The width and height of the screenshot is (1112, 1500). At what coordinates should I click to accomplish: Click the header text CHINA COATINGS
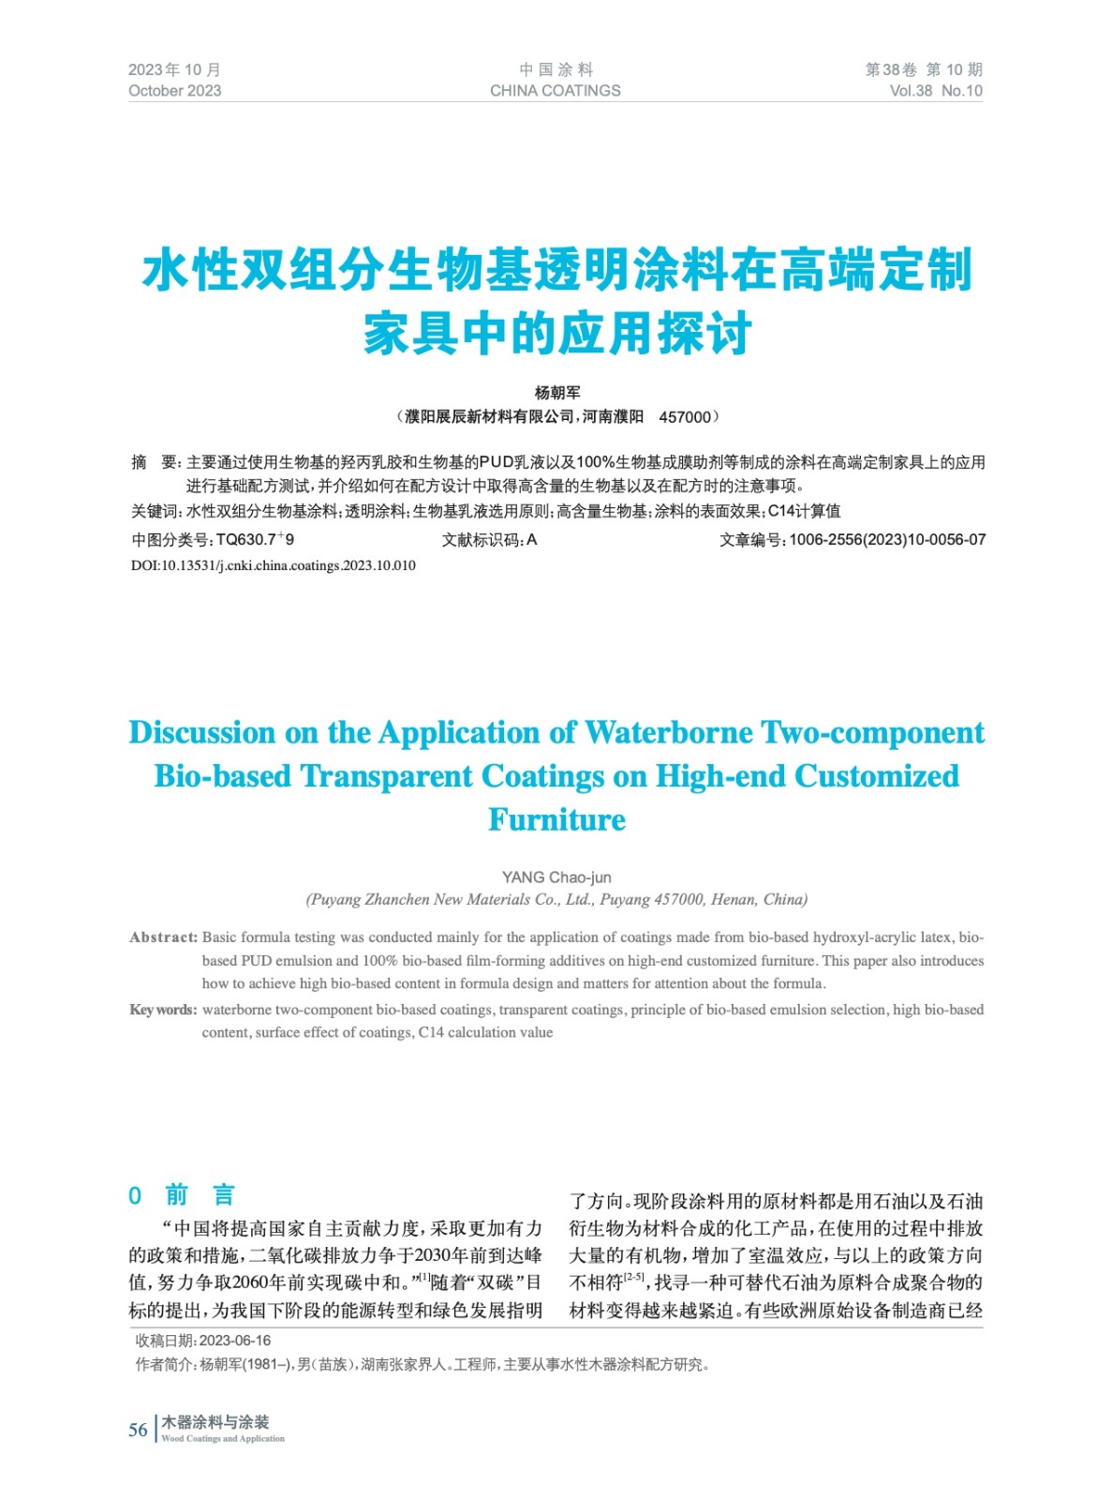[x=555, y=91]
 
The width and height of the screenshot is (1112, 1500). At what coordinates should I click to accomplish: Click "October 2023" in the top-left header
[x=175, y=91]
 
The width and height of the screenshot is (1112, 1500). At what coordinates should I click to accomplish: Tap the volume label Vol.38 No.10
[x=935, y=91]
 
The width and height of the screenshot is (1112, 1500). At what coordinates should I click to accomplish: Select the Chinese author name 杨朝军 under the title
[x=557, y=393]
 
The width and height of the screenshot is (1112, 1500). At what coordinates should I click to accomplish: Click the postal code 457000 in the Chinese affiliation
[x=685, y=417]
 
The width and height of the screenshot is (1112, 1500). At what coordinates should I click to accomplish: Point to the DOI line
[x=274, y=565]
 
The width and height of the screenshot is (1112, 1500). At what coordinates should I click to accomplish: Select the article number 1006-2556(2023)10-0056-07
[x=887, y=540]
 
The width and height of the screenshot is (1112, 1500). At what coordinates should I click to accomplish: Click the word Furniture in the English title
[x=556, y=819]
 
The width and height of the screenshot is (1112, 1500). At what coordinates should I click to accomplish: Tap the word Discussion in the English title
[x=202, y=732]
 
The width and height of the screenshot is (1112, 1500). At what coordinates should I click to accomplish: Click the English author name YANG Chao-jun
[x=556, y=877]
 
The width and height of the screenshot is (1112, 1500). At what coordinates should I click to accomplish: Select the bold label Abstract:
[x=164, y=937]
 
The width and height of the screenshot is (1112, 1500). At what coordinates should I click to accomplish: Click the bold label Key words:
[x=163, y=1010]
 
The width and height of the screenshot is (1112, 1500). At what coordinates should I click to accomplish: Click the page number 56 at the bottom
[x=138, y=1430]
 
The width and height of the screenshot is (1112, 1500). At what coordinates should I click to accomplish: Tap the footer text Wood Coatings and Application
[x=223, y=1438]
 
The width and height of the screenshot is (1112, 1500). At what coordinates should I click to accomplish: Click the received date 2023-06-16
[x=235, y=1341]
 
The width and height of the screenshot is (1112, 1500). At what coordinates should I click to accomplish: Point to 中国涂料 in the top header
[x=556, y=69]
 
